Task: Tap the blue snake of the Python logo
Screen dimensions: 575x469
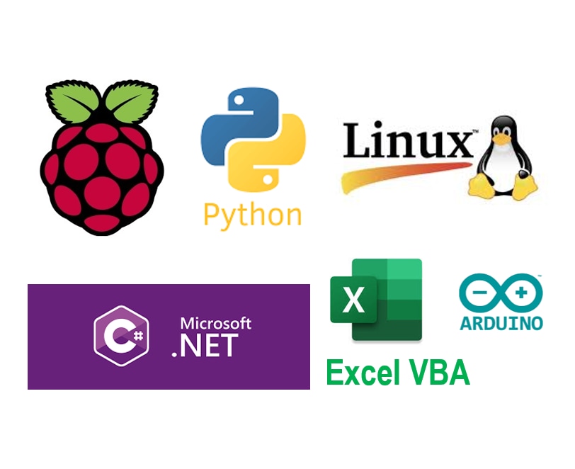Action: (234, 125)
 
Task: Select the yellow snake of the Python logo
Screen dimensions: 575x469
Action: (272, 154)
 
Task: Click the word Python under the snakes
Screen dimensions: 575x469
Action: (252, 217)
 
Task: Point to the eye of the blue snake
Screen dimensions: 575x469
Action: (239, 100)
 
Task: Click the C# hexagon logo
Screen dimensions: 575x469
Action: (121, 335)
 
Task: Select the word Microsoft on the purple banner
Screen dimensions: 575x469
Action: (215, 323)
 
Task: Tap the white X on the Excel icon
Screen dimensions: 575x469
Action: (353, 299)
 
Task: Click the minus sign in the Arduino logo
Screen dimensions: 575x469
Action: (479, 293)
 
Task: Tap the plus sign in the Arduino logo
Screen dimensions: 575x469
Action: (521, 293)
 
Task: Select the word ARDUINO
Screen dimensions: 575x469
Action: (501, 323)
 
